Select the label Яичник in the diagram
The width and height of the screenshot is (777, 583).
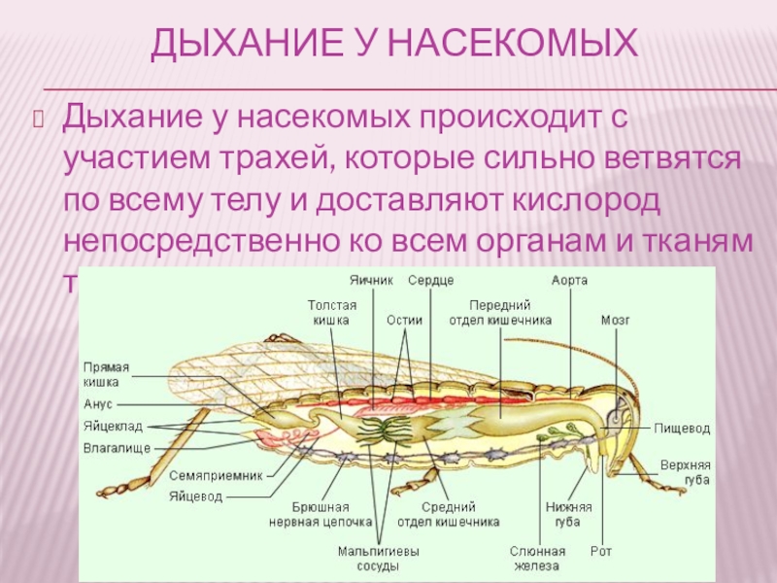click(x=371, y=280)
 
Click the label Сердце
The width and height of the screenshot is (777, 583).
click(x=430, y=280)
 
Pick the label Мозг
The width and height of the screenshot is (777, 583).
click(x=616, y=319)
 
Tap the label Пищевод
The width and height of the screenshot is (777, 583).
click(x=682, y=427)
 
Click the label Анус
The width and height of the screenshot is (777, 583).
click(x=98, y=403)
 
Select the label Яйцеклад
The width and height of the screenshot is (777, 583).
click(x=113, y=427)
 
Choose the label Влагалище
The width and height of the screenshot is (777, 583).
click(x=117, y=449)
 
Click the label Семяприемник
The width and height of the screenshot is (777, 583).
click(x=217, y=476)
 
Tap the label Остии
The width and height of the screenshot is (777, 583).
click(x=404, y=319)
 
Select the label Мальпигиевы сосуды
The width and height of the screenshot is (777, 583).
click(x=379, y=559)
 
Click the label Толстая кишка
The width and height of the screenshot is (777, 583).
click(x=332, y=312)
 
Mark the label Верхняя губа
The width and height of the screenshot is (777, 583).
click(x=685, y=472)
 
